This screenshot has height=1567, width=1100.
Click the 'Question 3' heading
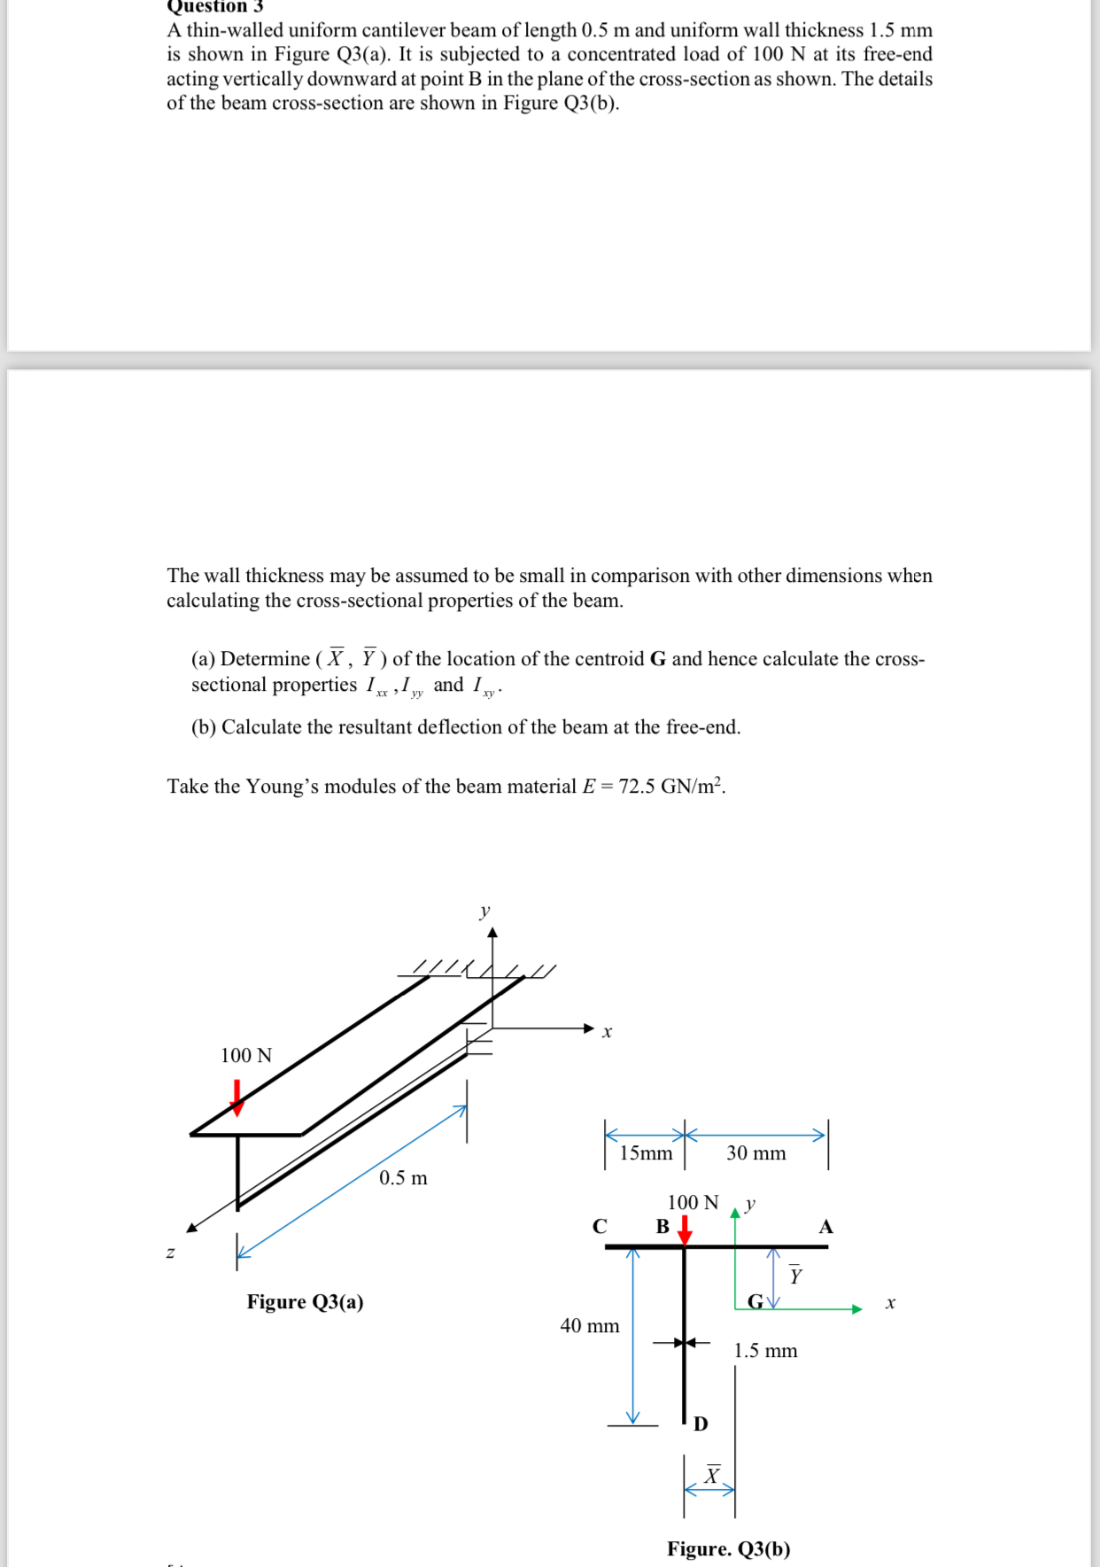(x=215, y=6)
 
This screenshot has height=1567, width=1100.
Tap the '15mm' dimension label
(x=646, y=1153)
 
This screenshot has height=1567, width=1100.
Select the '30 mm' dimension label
(x=755, y=1153)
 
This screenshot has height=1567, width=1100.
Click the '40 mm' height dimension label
(x=590, y=1326)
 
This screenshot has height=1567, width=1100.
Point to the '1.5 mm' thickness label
(x=765, y=1351)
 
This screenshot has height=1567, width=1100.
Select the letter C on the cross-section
(x=600, y=1227)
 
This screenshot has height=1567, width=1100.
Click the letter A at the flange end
(x=825, y=1227)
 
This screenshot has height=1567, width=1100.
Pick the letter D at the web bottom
(x=701, y=1423)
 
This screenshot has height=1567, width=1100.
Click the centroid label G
(x=755, y=1302)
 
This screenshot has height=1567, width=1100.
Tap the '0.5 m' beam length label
(x=403, y=1178)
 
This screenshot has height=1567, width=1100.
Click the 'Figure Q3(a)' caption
(x=305, y=1301)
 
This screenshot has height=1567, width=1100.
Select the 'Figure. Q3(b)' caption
(x=728, y=1548)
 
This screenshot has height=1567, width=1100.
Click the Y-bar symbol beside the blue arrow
(x=795, y=1275)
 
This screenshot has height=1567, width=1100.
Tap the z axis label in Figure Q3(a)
(x=170, y=1253)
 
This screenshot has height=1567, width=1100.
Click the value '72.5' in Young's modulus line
(x=637, y=787)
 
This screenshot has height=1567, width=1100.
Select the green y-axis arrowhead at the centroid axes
(x=734, y=1214)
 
